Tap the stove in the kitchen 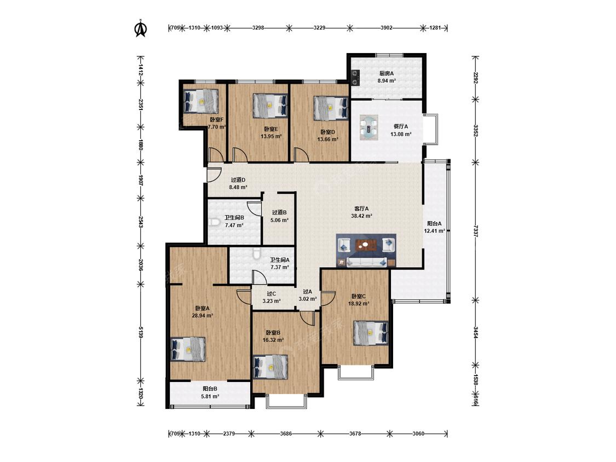(355, 77)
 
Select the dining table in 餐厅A (369, 127)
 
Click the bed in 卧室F (201, 101)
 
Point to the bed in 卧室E (270, 105)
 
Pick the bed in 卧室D (331, 108)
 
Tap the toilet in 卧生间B (214, 222)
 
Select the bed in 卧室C (371, 333)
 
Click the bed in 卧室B (270, 367)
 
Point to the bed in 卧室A (188, 349)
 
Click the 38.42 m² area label (361, 216)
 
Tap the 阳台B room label (210, 389)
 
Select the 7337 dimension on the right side (476, 231)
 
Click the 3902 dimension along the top (387, 28)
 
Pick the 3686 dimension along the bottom (286, 434)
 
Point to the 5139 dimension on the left (141, 333)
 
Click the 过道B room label (279, 212)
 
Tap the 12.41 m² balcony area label (435, 231)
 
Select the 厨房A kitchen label (387, 73)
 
